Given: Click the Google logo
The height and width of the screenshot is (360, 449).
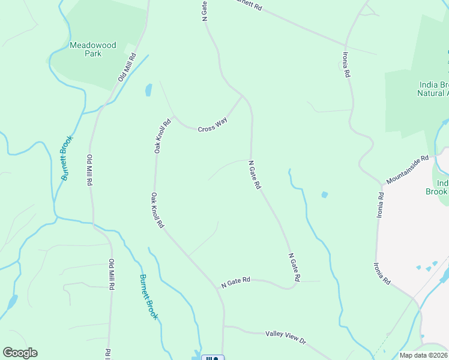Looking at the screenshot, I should tap(20, 353).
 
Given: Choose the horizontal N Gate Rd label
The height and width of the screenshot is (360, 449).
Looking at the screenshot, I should tap(235, 282).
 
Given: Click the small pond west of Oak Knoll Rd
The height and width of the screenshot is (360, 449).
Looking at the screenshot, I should tap(148, 91).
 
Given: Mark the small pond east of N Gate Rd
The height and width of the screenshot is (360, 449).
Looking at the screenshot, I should tap(325, 194).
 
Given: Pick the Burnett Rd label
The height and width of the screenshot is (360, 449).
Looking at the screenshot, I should tap(246, 5).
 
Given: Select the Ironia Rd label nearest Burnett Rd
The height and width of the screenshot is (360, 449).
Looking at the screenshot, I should tap(346, 65).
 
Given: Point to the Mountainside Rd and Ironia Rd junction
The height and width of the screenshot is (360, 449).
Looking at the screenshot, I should tap(381, 184).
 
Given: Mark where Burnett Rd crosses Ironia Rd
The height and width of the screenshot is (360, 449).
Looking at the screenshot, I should tap(346, 44).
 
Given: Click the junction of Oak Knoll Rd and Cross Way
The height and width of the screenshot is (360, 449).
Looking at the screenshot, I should tap(173, 116).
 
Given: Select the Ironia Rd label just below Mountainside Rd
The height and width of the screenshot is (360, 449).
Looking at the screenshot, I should tap(381, 205).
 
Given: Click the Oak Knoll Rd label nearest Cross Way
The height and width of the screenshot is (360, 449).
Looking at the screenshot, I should tap(162, 136).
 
